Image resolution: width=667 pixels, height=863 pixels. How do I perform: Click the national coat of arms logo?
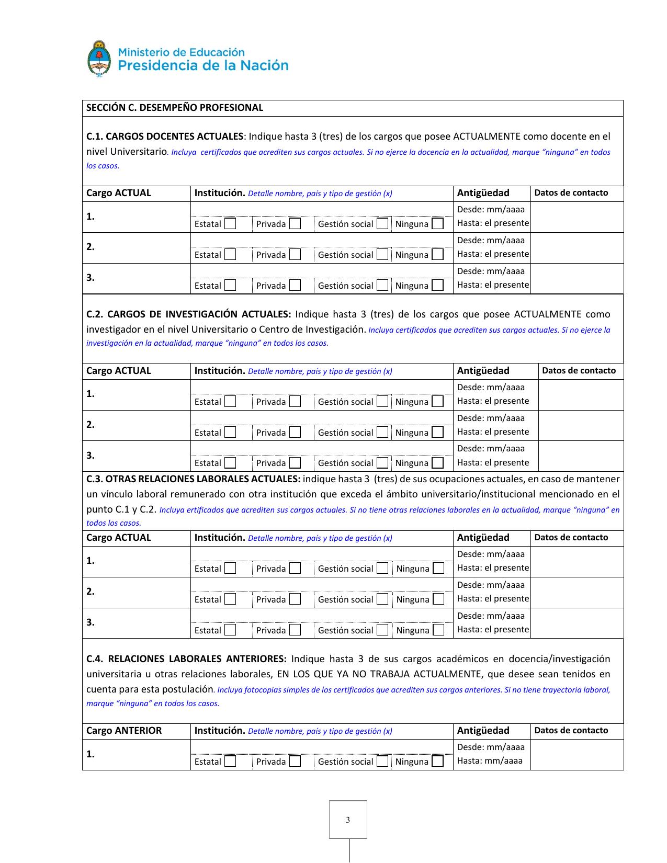(98, 59)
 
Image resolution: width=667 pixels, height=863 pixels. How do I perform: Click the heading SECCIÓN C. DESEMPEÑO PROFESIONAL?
(174, 108)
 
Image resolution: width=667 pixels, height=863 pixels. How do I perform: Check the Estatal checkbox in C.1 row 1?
(230, 224)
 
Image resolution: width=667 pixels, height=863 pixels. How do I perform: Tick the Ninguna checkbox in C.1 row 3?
(438, 286)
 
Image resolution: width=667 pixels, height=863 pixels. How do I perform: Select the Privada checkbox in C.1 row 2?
(295, 255)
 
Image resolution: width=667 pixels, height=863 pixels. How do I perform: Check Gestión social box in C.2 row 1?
(382, 402)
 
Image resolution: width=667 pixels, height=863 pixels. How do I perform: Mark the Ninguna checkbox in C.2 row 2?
(438, 433)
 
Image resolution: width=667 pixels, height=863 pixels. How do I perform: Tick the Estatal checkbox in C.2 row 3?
(230, 463)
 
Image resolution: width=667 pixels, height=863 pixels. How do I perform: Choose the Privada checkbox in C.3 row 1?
(295, 569)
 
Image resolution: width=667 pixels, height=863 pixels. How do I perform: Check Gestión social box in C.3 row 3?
(382, 630)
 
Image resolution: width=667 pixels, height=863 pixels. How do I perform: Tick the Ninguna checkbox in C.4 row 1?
(438, 762)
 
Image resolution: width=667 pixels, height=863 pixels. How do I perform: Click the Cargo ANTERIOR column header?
(124, 731)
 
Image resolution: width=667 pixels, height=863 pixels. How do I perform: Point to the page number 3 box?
(348, 820)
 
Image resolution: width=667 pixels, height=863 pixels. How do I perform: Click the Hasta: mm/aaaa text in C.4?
(490, 761)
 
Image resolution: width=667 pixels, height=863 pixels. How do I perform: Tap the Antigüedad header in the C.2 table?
(483, 371)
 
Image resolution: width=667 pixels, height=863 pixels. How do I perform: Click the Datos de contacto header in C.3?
(571, 538)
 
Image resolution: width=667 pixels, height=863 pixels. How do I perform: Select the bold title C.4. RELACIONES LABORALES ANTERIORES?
(186, 659)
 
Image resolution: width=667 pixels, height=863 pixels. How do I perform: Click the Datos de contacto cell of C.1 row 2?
(576, 247)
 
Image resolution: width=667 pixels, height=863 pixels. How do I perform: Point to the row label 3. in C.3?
(91, 622)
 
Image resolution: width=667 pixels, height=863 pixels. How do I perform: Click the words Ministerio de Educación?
(182, 52)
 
